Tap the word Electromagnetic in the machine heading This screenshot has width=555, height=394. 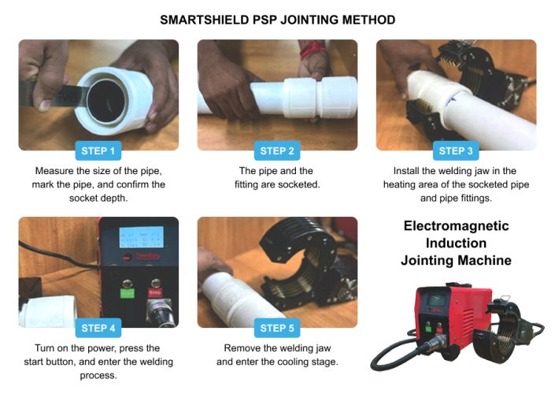(456, 226)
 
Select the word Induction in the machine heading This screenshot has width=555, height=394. (456, 243)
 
